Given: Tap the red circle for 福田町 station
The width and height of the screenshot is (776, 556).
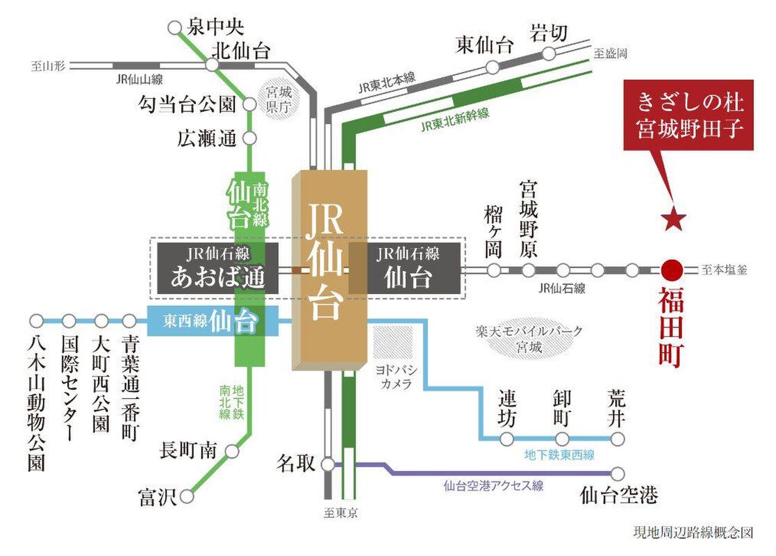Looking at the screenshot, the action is pyautogui.click(x=672, y=270).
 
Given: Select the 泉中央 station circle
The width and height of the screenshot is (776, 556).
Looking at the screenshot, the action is pyautogui.click(x=174, y=28).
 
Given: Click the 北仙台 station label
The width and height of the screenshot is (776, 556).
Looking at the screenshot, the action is pyautogui.click(x=241, y=51).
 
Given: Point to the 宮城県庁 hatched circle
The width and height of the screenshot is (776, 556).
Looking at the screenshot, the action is pyautogui.click(x=279, y=99).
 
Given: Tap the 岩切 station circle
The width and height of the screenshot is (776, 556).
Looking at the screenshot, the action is pyautogui.click(x=549, y=54).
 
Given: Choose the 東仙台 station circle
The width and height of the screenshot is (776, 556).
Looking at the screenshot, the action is pyautogui.click(x=493, y=67).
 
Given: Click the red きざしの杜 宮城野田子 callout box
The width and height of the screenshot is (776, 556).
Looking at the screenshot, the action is pyautogui.click(x=688, y=115).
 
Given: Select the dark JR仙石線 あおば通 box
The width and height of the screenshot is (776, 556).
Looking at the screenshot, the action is pyautogui.click(x=217, y=268).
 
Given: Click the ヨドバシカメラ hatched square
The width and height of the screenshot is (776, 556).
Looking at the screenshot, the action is pyautogui.click(x=393, y=343).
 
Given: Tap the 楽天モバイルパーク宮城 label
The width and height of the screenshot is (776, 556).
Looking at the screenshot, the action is pyautogui.click(x=529, y=338).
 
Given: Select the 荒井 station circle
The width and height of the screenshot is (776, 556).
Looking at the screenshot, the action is pyautogui.click(x=618, y=439).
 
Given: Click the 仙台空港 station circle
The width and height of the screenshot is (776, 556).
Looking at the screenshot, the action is pyautogui.click(x=618, y=473).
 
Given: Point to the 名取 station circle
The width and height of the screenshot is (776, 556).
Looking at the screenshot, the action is pyautogui.click(x=328, y=464).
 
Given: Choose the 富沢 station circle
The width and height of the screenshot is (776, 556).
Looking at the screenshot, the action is pyautogui.click(x=187, y=496).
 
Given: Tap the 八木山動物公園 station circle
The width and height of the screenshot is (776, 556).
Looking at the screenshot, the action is pyautogui.click(x=36, y=321).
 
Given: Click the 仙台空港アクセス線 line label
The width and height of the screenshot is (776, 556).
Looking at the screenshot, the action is pyautogui.click(x=493, y=485).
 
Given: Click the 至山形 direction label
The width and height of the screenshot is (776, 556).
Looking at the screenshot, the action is pyautogui.click(x=47, y=66).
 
